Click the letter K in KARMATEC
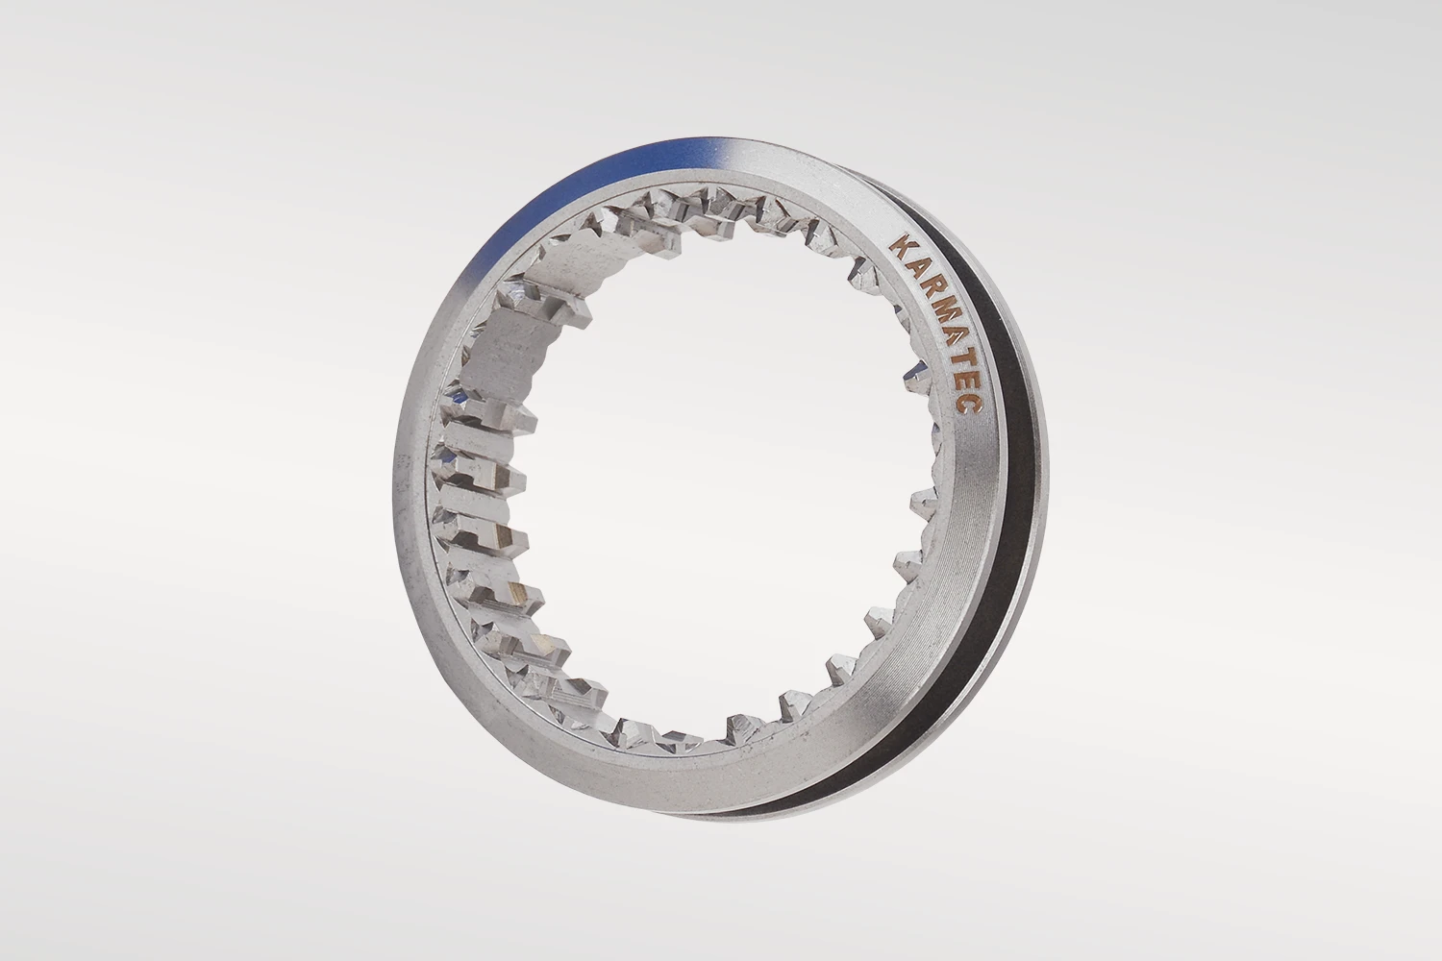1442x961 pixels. pyautogui.click(x=897, y=247)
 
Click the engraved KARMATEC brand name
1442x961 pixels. pyautogui.click(x=934, y=325)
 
